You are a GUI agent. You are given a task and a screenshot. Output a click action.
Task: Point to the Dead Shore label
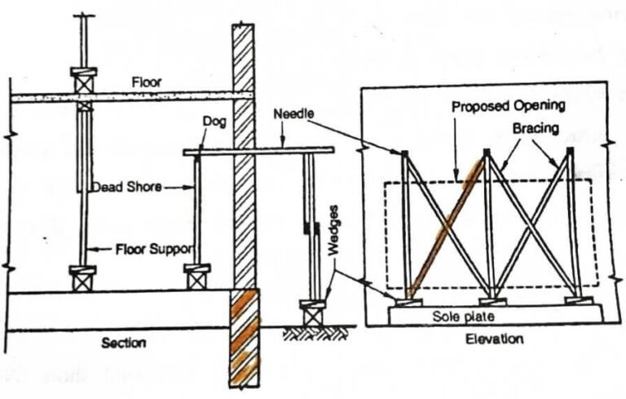tap(124, 186)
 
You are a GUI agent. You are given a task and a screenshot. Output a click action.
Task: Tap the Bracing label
tap(534, 128)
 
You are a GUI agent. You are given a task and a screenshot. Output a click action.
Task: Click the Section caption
tap(123, 344)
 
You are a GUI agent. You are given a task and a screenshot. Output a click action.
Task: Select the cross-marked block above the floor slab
tap(85, 82)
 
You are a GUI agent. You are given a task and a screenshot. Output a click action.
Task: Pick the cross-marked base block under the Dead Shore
tap(196, 278)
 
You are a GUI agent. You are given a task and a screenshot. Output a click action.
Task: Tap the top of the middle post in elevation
tap(487, 153)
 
